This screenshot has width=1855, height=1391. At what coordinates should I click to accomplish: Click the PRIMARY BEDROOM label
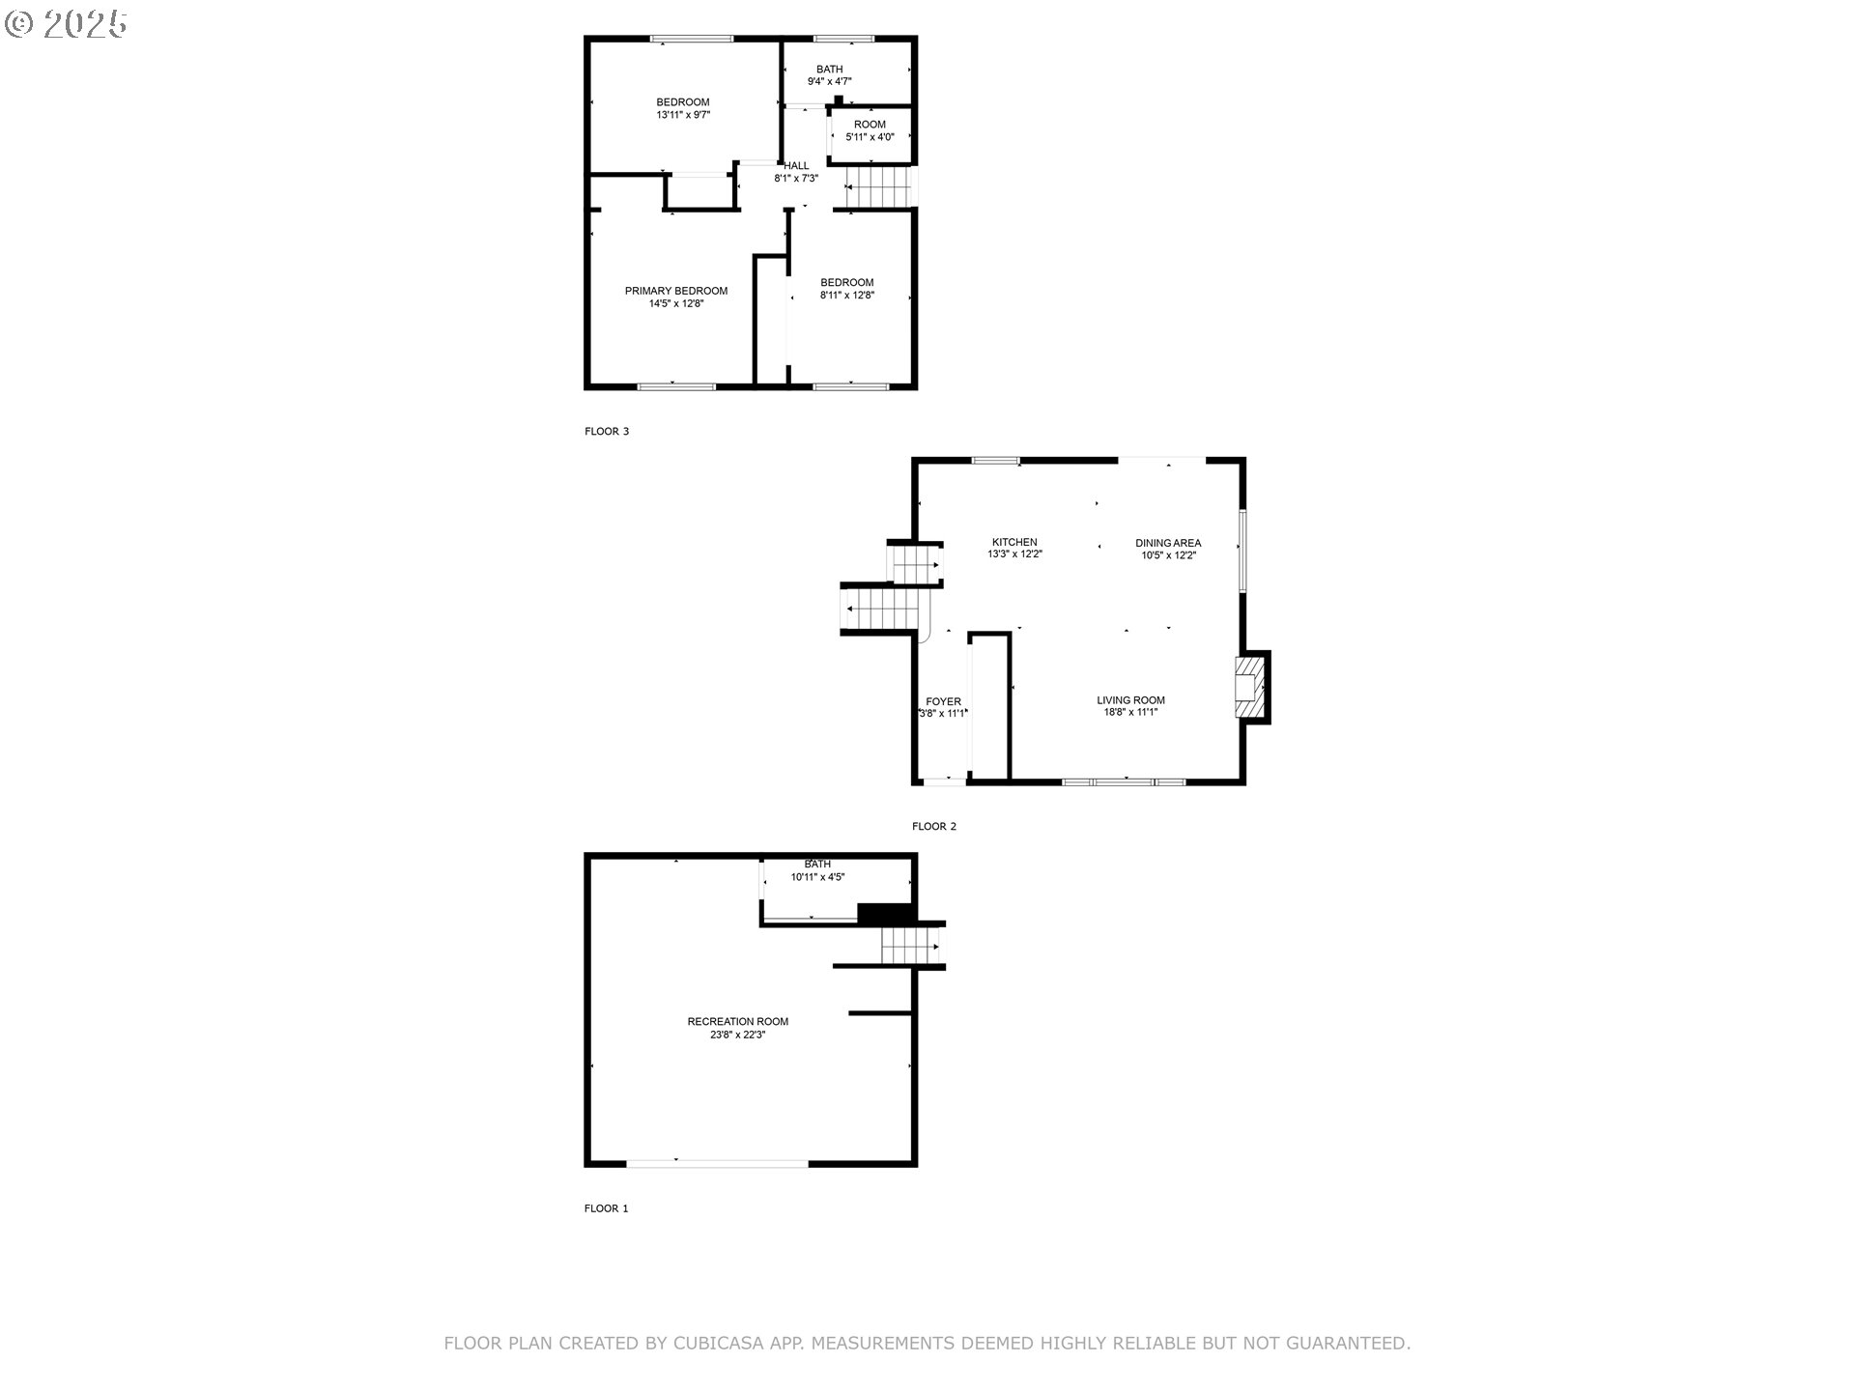point(675,291)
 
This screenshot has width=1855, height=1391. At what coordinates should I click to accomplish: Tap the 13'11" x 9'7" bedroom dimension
point(683,115)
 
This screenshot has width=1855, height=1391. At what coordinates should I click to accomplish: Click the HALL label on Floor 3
point(796,166)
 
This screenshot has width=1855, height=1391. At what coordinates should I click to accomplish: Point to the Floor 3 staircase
point(878,187)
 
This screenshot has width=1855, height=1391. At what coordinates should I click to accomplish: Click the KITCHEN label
point(1014,542)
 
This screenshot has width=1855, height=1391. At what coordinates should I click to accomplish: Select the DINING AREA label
point(1168,543)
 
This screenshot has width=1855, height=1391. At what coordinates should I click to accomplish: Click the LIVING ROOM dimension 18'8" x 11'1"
point(1130,713)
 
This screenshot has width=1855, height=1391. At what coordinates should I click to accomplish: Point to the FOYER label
point(943,701)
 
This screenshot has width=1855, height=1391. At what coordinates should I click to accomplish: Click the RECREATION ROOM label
point(738,1021)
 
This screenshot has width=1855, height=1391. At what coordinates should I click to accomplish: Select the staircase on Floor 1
point(910,946)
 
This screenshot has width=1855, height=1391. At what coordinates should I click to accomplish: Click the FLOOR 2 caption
point(933,826)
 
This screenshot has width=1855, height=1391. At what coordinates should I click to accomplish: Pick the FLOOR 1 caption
point(606,1208)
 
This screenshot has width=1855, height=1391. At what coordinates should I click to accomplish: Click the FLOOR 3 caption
point(606,431)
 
